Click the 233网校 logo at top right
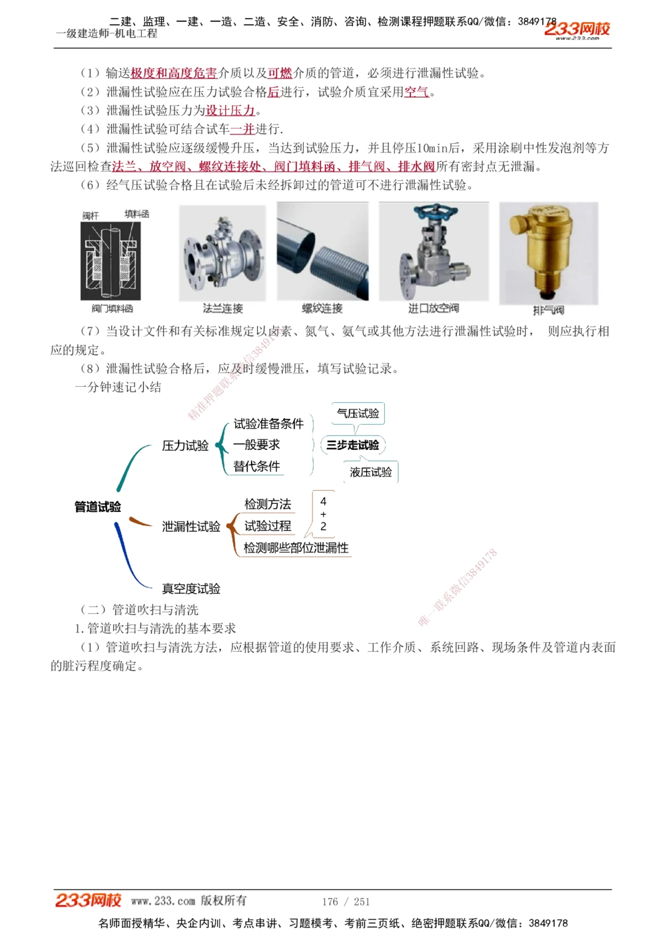(577, 29)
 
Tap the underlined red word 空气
(417, 92)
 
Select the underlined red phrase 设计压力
(230, 111)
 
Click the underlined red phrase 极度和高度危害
(174, 73)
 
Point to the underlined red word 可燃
(280, 73)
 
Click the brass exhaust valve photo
(548, 253)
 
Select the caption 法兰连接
(223, 308)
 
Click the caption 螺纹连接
(322, 308)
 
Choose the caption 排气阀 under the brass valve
(548, 310)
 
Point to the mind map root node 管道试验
(98, 507)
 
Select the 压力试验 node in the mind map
(185, 445)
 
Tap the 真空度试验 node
(191, 589)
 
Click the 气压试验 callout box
(358, 413)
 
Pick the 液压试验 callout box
(371, 472)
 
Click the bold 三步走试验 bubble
(352, 445)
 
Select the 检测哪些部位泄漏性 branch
(296, 548)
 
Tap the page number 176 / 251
(346, 901)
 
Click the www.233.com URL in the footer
(163, 901)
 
